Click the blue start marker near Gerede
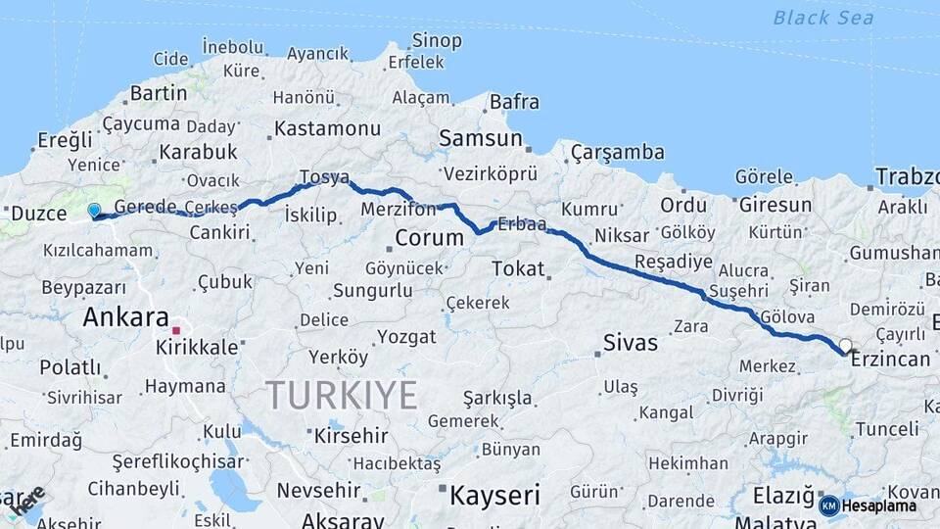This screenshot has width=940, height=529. click(94, 210)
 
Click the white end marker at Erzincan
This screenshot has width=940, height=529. click(846, 346)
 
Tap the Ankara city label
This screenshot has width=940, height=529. click(125, 316)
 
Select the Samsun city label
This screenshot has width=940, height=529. click(480, 138)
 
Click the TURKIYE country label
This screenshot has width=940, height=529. click(342, 395)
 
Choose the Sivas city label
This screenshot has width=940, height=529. click(631, 344)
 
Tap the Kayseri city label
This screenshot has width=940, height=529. click(494, 495)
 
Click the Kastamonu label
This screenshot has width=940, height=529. click(327, 128)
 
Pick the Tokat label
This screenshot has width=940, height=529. click(518, 267)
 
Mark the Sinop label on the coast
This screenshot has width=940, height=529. click(437, 40)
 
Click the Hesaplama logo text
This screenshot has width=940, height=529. click(879, 505)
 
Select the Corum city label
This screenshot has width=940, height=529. click(429, 237)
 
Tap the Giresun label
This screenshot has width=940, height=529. click(775, 205)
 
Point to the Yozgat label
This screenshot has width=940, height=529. click(406, 337)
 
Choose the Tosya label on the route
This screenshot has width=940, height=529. click(324, 177)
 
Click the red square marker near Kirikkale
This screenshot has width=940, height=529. click(176, 330)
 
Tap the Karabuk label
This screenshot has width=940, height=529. click(198, 152)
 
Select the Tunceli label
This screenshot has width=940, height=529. click(886, 429)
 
